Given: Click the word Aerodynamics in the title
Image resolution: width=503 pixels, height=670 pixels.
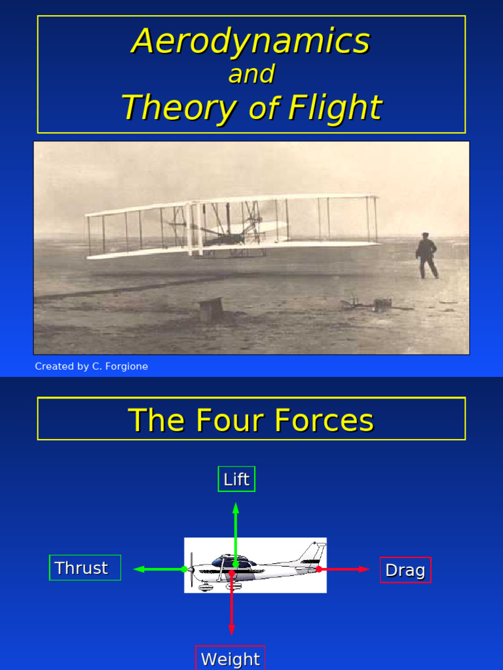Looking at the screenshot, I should [x=251, y=41].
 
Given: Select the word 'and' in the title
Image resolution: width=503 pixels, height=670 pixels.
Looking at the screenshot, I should [x=251, y=74].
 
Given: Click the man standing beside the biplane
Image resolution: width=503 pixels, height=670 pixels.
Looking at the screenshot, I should [x=426, y=255].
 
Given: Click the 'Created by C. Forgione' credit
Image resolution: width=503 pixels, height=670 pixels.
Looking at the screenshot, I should [x=92, y=366].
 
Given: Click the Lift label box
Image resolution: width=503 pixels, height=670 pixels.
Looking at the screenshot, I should [x=236, y=479].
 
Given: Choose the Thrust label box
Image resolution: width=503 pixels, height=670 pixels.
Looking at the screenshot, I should [x=85, y=568].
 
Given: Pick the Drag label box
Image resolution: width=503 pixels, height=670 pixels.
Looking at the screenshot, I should [x=405, y=570].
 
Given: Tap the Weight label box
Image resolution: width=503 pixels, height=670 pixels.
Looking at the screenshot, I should [x=231, y=658].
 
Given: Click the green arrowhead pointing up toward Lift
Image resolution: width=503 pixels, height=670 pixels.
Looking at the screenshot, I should [x=236, y=508].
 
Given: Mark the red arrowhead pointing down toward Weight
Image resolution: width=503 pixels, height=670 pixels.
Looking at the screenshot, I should [x=231, y=629].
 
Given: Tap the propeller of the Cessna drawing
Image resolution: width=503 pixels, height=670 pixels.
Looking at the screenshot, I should [x=191, y=569].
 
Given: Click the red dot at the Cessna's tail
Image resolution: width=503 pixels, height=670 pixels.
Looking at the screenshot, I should [x=319, y=569].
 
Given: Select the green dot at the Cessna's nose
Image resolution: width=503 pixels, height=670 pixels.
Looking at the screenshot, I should [x=184, y=569].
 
